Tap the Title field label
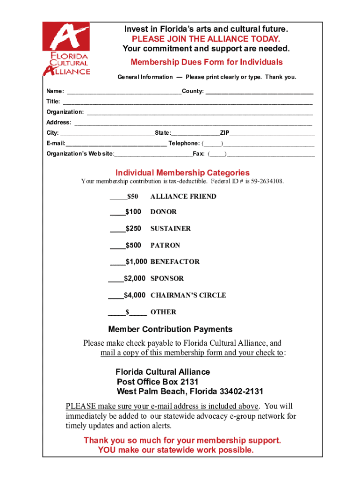[x=53, y=102]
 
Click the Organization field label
[x=65, y=112]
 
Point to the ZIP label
[x=225, y=133]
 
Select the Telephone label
[x=184, y=143]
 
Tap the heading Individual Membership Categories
[x=182, y=173]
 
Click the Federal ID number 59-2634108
[x=266, y=181]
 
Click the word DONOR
[x=163, y=212]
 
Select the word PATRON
[x=165, y=245]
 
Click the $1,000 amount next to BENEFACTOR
[x=136, y=261]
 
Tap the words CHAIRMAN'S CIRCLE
[x=188, y=295]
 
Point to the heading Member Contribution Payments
[x=170, y=329]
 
